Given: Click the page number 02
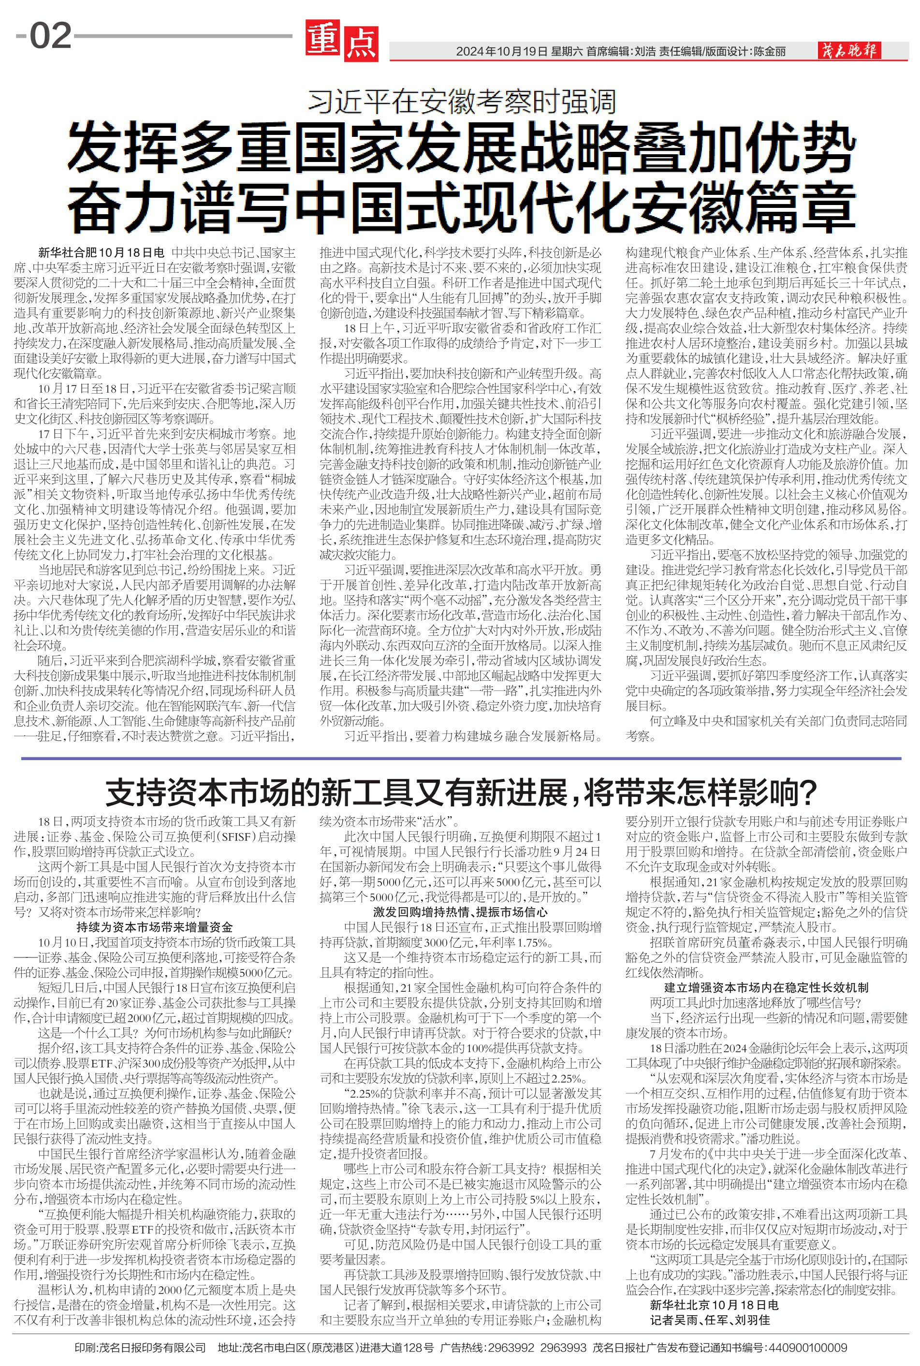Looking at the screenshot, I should [50, 36].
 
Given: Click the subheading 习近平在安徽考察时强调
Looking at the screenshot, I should [462, 102].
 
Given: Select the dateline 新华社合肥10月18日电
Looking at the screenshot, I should [101, 253].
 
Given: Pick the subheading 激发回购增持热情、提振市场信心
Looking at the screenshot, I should [461, 912].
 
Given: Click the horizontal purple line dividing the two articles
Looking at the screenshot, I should [461, 759].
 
